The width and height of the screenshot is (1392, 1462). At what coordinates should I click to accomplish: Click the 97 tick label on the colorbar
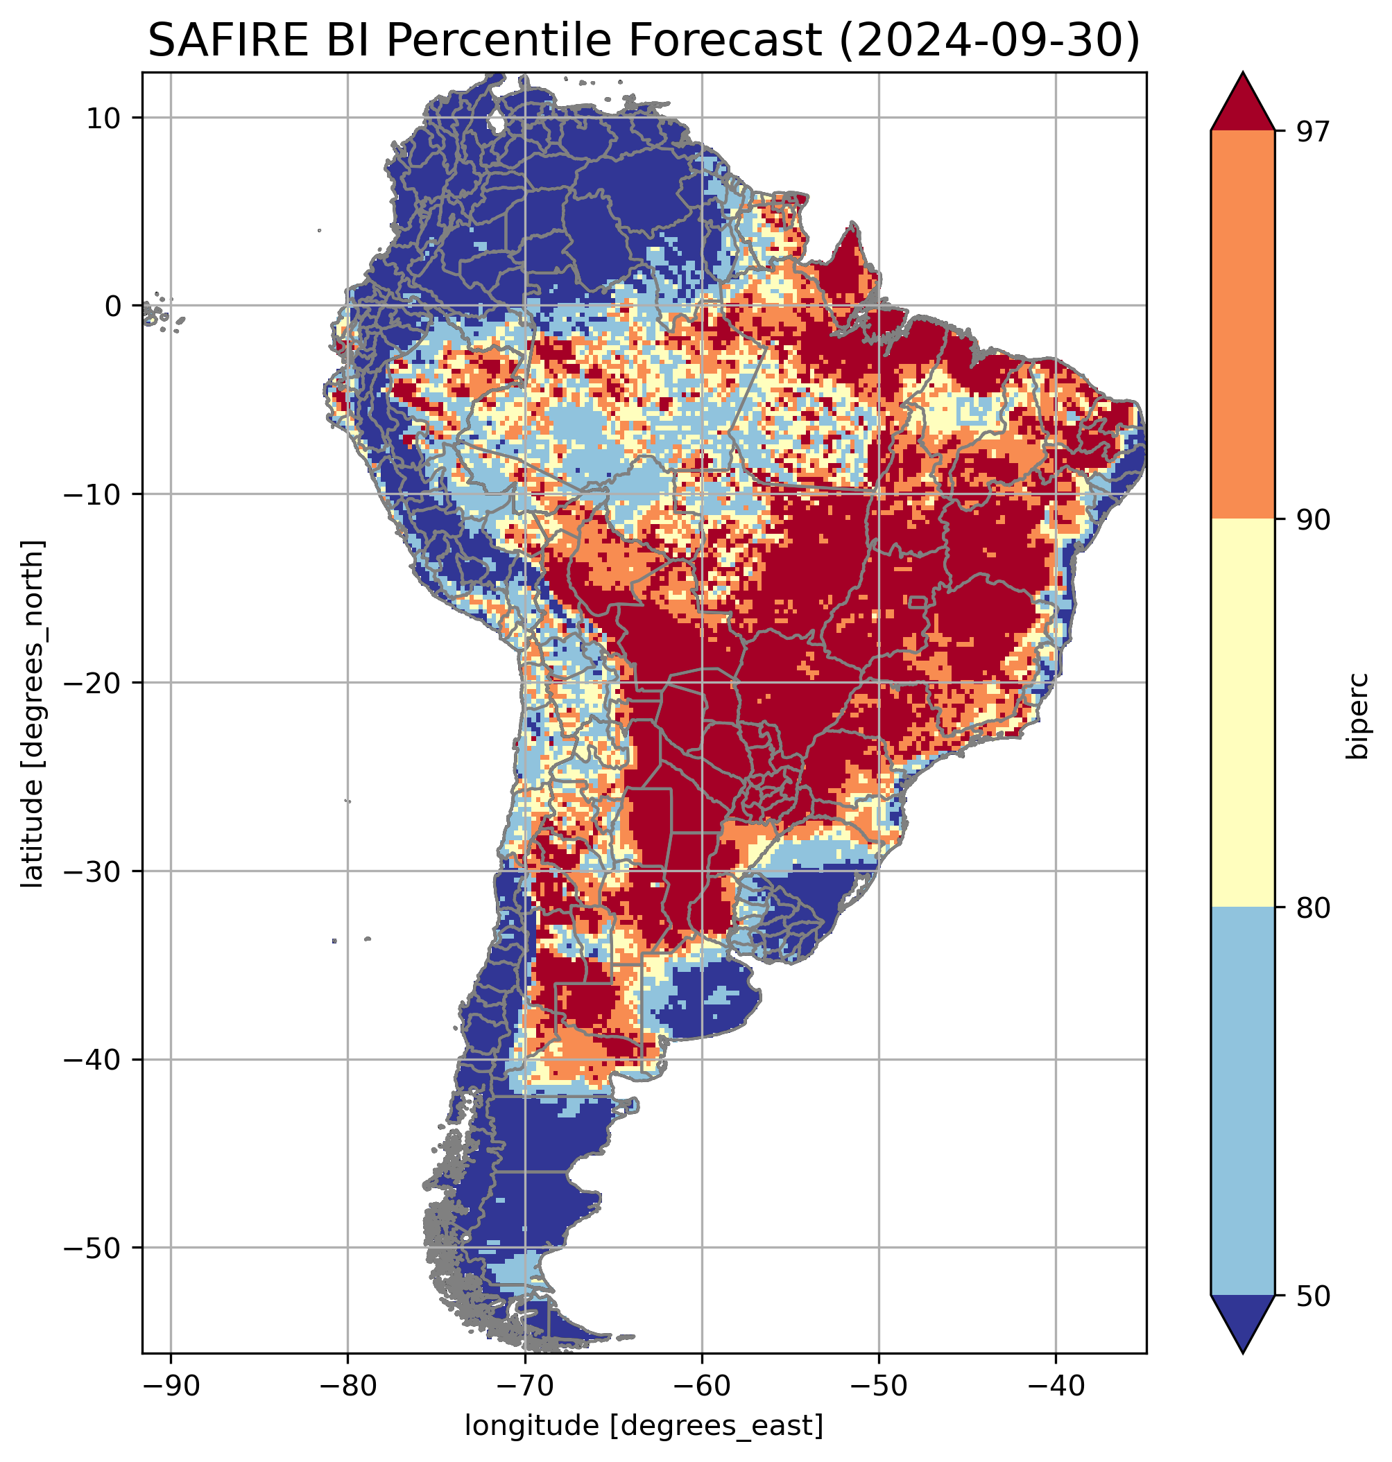tap(1313, 132)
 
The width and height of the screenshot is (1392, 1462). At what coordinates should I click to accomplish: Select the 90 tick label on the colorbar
tap(1313, 521)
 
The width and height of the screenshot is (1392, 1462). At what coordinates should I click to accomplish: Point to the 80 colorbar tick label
tap(1313, 910)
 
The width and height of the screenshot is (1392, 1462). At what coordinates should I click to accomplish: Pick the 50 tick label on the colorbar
tap(1313, 1297)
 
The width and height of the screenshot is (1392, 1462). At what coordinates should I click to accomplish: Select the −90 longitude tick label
tap(171, 1386)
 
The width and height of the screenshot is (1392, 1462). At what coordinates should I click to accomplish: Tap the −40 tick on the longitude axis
tap(1056, 1386)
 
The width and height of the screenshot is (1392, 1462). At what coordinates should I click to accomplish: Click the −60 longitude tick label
tap(702, 1386)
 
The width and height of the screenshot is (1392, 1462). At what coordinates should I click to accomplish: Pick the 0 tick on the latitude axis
tap(113, 306)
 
